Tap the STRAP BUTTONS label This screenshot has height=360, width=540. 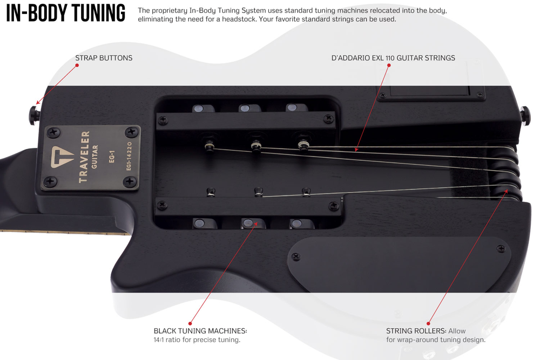104,58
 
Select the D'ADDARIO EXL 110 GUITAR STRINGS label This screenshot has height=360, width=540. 393,58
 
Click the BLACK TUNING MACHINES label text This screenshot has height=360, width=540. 200,331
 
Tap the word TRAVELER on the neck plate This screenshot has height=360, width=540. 84,157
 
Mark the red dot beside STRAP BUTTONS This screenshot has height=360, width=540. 77,65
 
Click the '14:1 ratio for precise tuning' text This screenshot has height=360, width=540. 197,340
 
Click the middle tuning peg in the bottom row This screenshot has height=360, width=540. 248,222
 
